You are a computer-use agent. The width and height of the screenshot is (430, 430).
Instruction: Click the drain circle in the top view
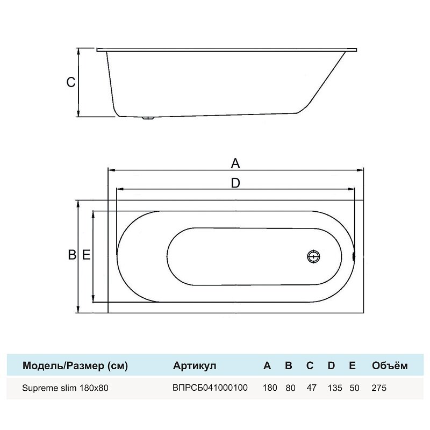coord(313,257)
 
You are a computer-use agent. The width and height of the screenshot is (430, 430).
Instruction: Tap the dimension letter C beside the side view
coord(71,82)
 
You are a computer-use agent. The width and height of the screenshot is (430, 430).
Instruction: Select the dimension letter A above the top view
coord(235,163)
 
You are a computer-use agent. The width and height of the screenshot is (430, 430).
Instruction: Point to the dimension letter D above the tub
coord(235,183)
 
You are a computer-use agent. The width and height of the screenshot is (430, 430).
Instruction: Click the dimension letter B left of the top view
coord(72,255)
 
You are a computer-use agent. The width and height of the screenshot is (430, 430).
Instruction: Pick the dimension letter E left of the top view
coord(86,255)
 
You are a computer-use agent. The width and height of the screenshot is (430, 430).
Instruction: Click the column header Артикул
coord(195,365)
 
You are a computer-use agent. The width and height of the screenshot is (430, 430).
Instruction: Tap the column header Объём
coord(390,365)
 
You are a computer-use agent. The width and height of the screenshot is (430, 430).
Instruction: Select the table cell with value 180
coord(270,388)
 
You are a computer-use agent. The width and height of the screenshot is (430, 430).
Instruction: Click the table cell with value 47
coord(312,388)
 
